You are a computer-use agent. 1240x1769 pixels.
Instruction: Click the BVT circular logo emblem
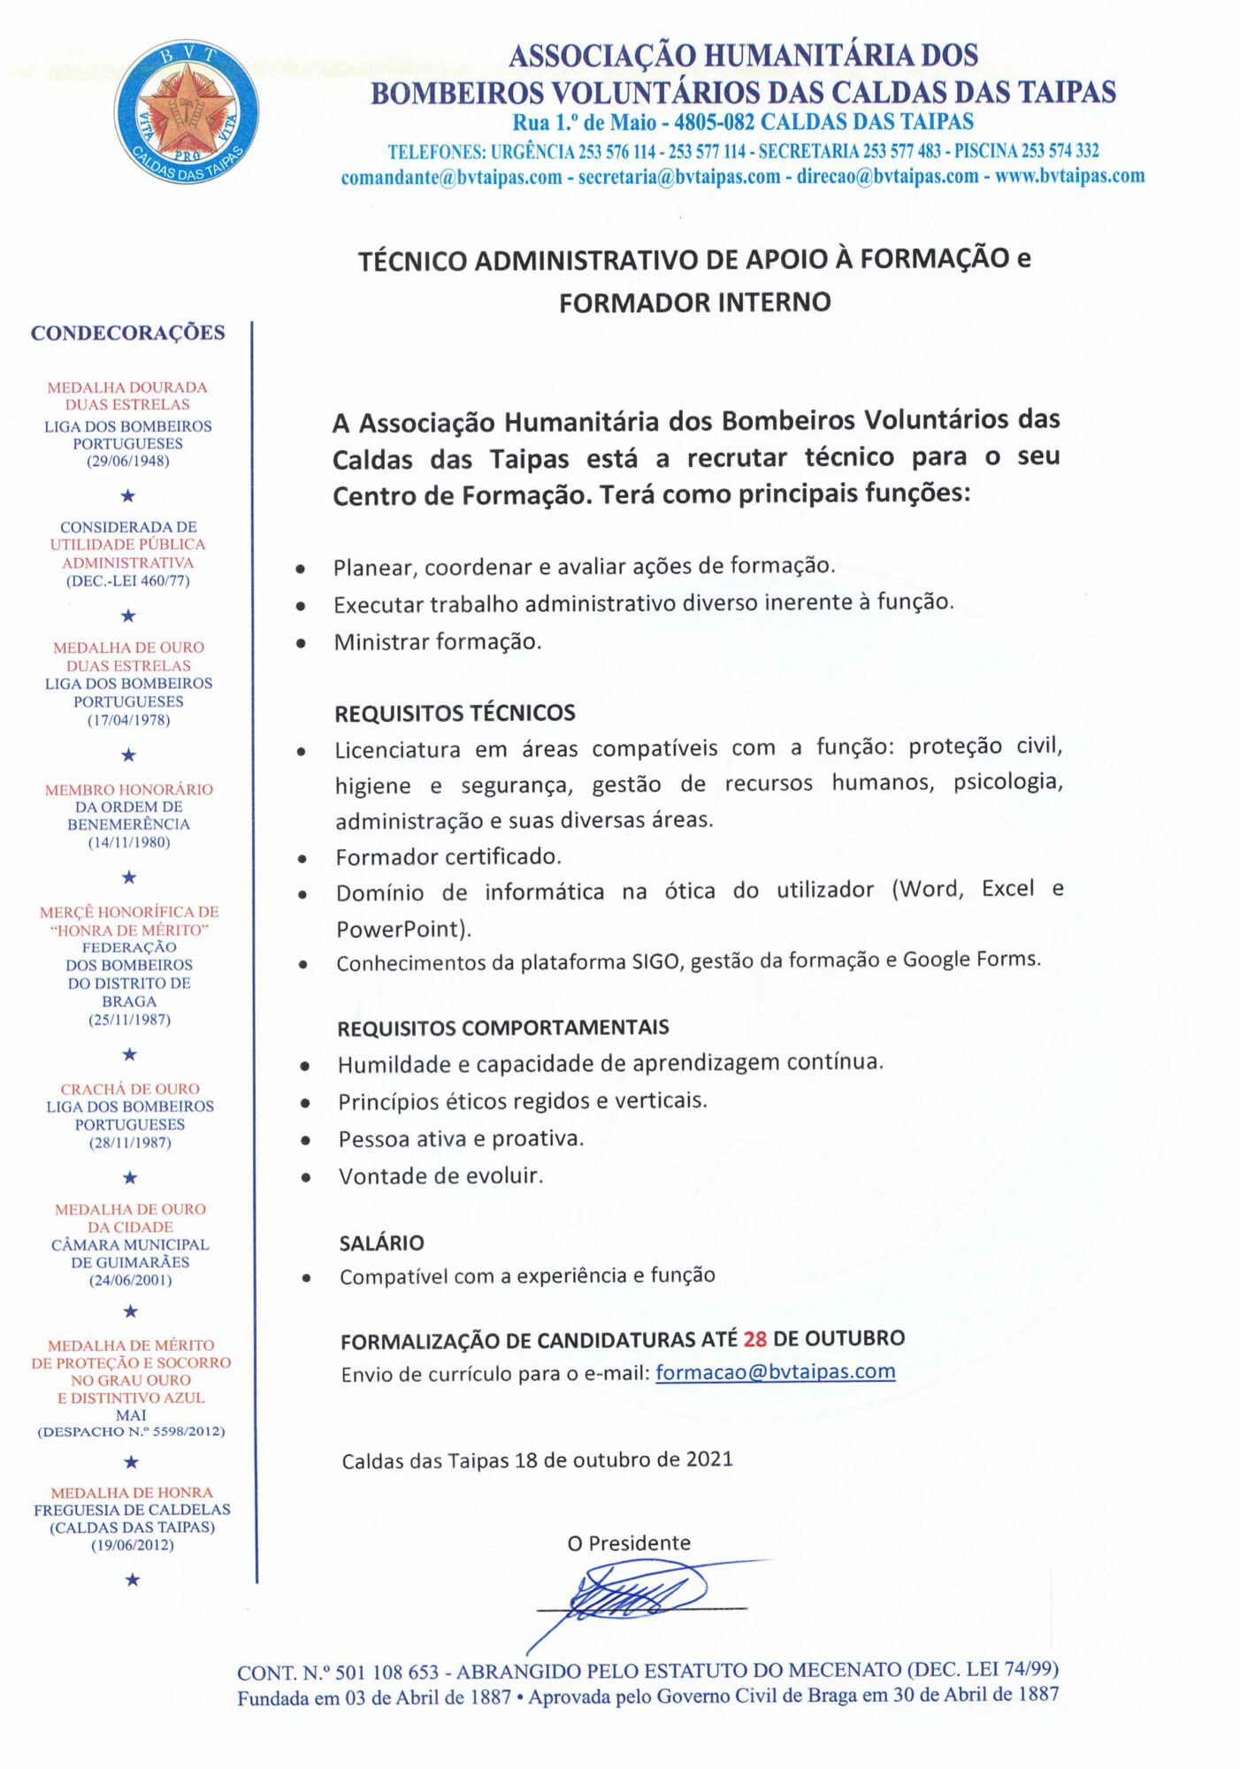187,111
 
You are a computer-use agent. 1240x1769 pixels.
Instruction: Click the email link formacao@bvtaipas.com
775,1371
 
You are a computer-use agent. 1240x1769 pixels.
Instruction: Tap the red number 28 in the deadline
754,1338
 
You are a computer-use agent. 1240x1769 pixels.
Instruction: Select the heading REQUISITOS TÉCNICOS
455,713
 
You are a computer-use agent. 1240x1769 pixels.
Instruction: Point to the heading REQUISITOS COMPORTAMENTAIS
502,1028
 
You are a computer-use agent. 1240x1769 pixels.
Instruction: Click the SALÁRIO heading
381,1243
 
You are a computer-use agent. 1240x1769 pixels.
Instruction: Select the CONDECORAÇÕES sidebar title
128,333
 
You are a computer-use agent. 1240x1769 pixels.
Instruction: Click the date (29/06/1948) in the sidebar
128,461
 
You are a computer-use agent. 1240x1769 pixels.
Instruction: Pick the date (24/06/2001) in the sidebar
130,1280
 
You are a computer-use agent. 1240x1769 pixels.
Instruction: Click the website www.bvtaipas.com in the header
1069,176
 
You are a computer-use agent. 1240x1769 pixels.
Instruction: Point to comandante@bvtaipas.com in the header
451,177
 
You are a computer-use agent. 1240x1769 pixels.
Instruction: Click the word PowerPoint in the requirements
400,929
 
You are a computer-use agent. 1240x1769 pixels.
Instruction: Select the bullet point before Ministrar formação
301,644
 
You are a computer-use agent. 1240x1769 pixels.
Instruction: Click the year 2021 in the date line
709,1459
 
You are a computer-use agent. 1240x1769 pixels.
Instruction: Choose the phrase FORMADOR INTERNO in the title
694,302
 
